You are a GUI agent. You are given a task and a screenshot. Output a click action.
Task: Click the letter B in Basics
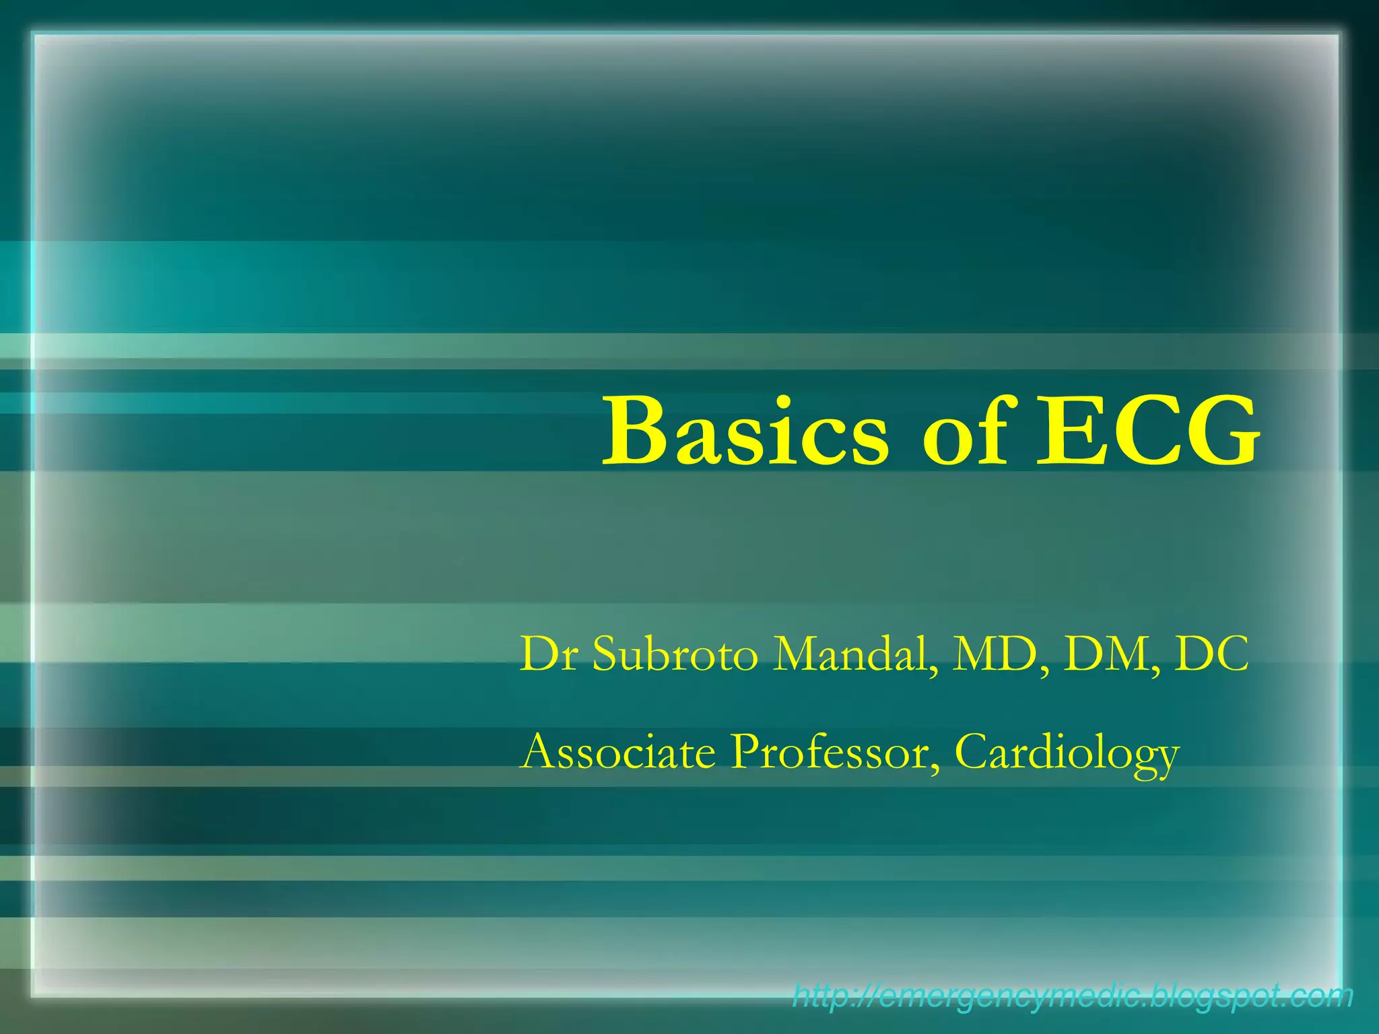pyautogui.click(x=634, y=432)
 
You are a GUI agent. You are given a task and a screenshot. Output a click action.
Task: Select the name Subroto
pyautogui.click(x=675, y=654)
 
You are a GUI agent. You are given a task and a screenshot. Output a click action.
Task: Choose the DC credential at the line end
pyautogui.click(x=1212, y=654)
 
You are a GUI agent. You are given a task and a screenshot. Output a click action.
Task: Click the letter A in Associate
pyautogui.click(x=539, y=752)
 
